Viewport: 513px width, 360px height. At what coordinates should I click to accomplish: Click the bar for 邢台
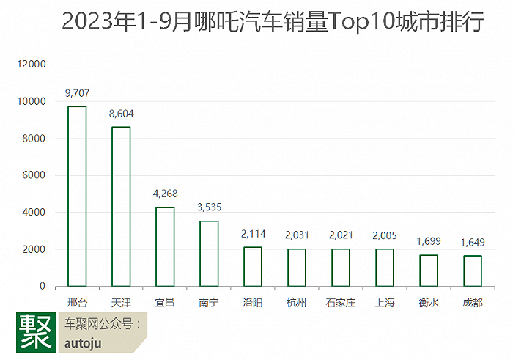coord(77,196)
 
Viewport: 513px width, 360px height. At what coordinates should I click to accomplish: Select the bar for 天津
coord(121,206)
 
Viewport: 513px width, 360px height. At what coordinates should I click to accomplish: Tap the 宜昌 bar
coord(165,246)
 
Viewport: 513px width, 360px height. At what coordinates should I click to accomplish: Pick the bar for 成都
coord(473,271)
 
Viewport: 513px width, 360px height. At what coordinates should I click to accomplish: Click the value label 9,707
coord(77,93)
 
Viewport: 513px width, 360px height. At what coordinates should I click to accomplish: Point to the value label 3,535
coord(209,207)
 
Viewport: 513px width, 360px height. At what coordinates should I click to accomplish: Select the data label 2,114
coord(253,234)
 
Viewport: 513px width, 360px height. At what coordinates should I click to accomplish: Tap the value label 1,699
coord(429,241)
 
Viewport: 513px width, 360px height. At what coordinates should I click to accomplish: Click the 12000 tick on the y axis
coord(32,65)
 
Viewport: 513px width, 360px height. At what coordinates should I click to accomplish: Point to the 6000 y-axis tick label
coord(35,175)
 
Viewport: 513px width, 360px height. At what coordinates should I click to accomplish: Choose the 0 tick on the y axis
coord(43,286)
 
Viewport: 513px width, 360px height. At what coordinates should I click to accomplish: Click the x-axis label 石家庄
coord(341,302)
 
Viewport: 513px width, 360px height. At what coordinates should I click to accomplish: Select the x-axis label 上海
coord(385,302)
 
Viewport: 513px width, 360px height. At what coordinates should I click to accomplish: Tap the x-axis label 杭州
coord(297,302)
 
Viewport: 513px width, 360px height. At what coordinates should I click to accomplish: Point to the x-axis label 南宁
coord(209,302)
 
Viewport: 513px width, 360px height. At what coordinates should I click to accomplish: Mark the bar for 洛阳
coord(253,266)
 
